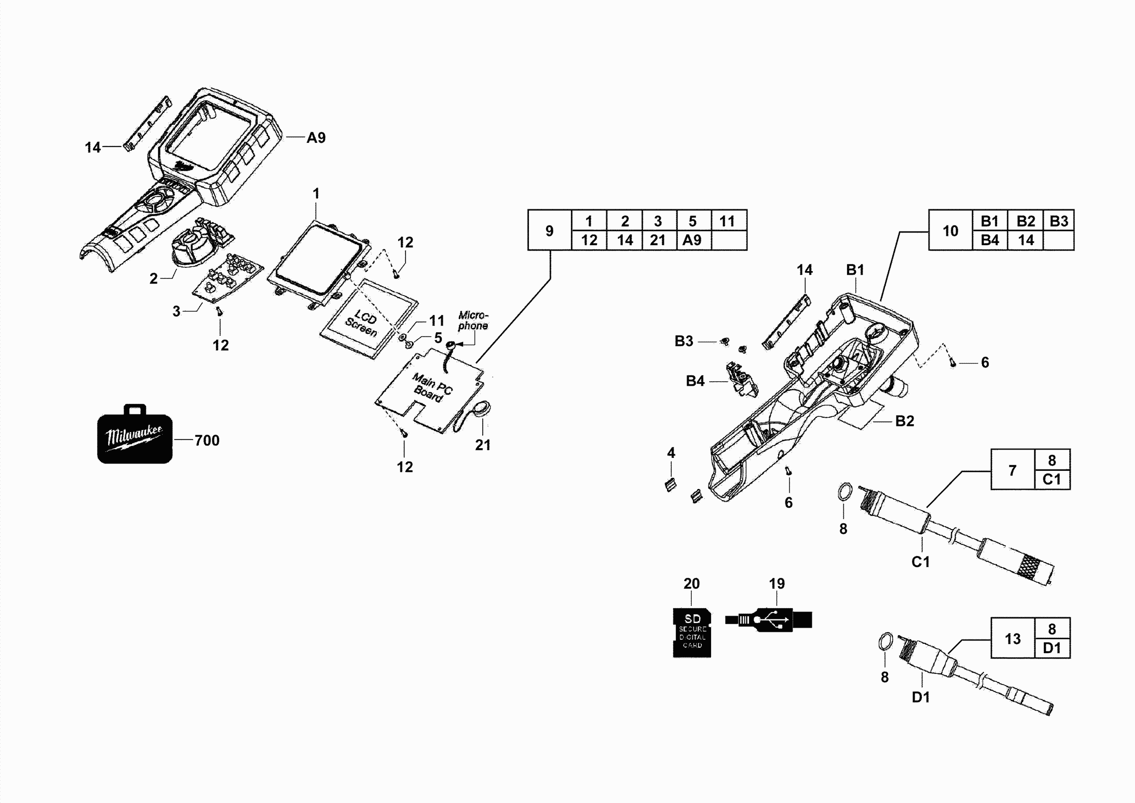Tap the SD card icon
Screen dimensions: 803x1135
point(692,632)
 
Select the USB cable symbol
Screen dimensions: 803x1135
point(769,619)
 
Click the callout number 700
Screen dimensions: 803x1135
point(207,440)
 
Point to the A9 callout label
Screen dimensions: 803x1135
point(316,137)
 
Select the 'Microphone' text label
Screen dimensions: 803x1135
point(472,321)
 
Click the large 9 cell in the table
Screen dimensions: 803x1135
point(549,230)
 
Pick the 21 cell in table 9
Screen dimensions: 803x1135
point(657,241)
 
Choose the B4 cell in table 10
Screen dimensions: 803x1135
point(990,241)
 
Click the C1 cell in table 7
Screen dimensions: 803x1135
point(1051,480)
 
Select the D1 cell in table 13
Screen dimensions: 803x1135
point(1051,648)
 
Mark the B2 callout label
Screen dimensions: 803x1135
point(905,421)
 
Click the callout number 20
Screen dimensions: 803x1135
point(691,583)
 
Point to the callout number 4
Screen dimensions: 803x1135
point(671,452)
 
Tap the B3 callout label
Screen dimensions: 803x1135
point(684,341)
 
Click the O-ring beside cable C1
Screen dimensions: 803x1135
point(845,493)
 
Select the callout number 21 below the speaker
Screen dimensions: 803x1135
point(483,445)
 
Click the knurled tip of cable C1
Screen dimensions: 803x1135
point(1031,567)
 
